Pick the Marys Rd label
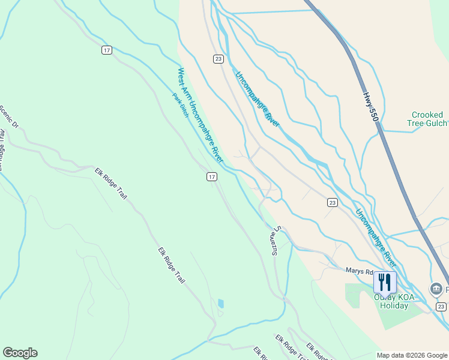358,271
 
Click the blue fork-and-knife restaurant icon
384,281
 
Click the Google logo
20,353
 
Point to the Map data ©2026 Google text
412,355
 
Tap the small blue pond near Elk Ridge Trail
221,304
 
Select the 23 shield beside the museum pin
441,307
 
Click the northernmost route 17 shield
106,50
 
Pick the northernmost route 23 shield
218,58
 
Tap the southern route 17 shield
211,176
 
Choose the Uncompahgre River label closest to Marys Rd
375,238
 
